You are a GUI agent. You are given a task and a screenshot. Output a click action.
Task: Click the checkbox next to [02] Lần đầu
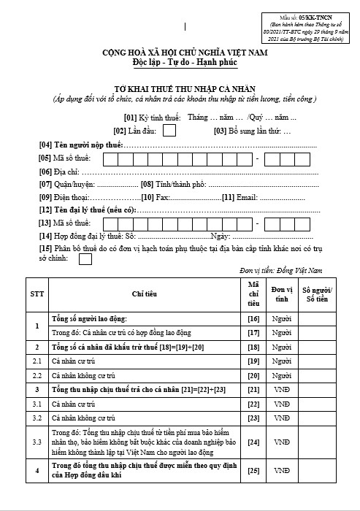point(169,131)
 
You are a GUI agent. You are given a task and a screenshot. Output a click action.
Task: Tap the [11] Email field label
point(239,197)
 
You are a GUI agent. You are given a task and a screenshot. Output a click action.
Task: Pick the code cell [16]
point(253,320)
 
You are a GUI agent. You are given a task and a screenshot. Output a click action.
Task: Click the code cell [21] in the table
point(253,389)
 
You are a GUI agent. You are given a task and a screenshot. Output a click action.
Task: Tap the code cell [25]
point(253,470)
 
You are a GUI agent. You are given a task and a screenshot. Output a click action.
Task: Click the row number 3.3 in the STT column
point(37,442)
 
